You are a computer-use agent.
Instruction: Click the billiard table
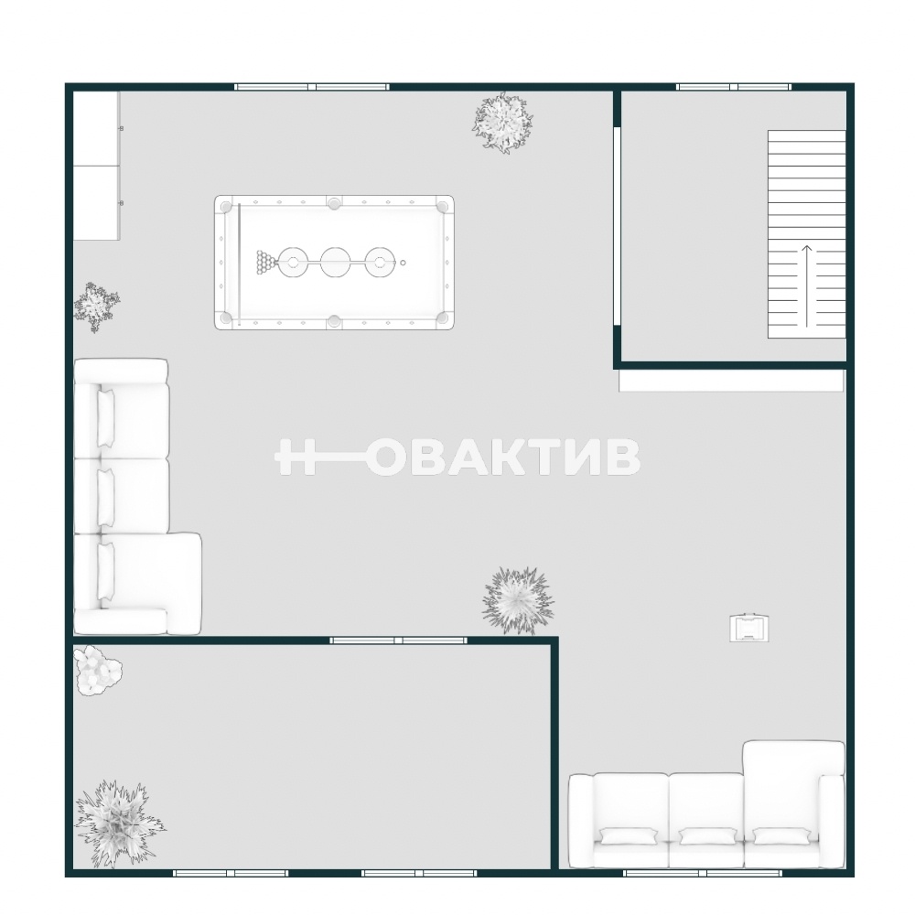click(334, 262)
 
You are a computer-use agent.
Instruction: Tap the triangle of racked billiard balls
click(265, 263)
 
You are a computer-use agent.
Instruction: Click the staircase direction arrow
click(806, 285)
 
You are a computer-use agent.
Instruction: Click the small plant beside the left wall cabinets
click(96, 307)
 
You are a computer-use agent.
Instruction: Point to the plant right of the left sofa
click(517, 600)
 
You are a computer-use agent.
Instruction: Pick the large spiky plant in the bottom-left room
click(118, 823)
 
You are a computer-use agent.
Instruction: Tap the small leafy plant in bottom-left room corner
click(97, 670)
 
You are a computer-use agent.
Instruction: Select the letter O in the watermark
click(389, 457)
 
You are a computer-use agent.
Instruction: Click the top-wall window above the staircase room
click(734, 87)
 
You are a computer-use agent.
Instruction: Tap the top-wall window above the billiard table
click(312, 87)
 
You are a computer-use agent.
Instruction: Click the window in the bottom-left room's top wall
click(398, 640)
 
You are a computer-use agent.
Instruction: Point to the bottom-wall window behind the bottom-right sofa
click(703, 873)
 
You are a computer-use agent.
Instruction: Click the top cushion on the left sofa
click(105, 419)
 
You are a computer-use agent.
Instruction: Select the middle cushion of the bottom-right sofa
click(706, 837)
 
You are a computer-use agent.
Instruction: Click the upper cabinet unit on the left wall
click(96, 128)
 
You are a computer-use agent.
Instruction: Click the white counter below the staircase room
click(731, 381)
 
